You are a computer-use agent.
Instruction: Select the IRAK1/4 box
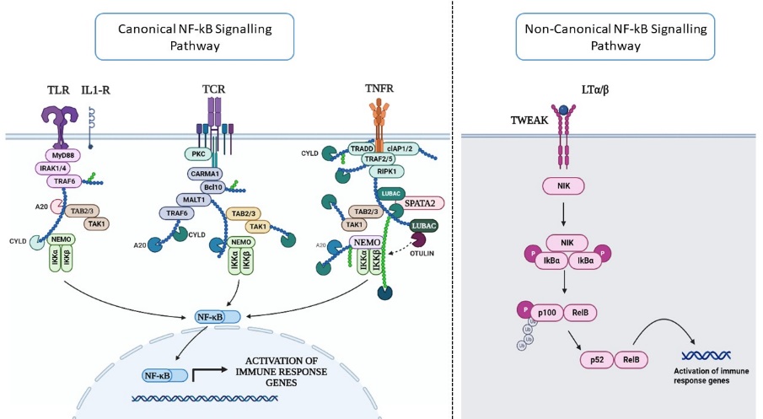tap(67, 168)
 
